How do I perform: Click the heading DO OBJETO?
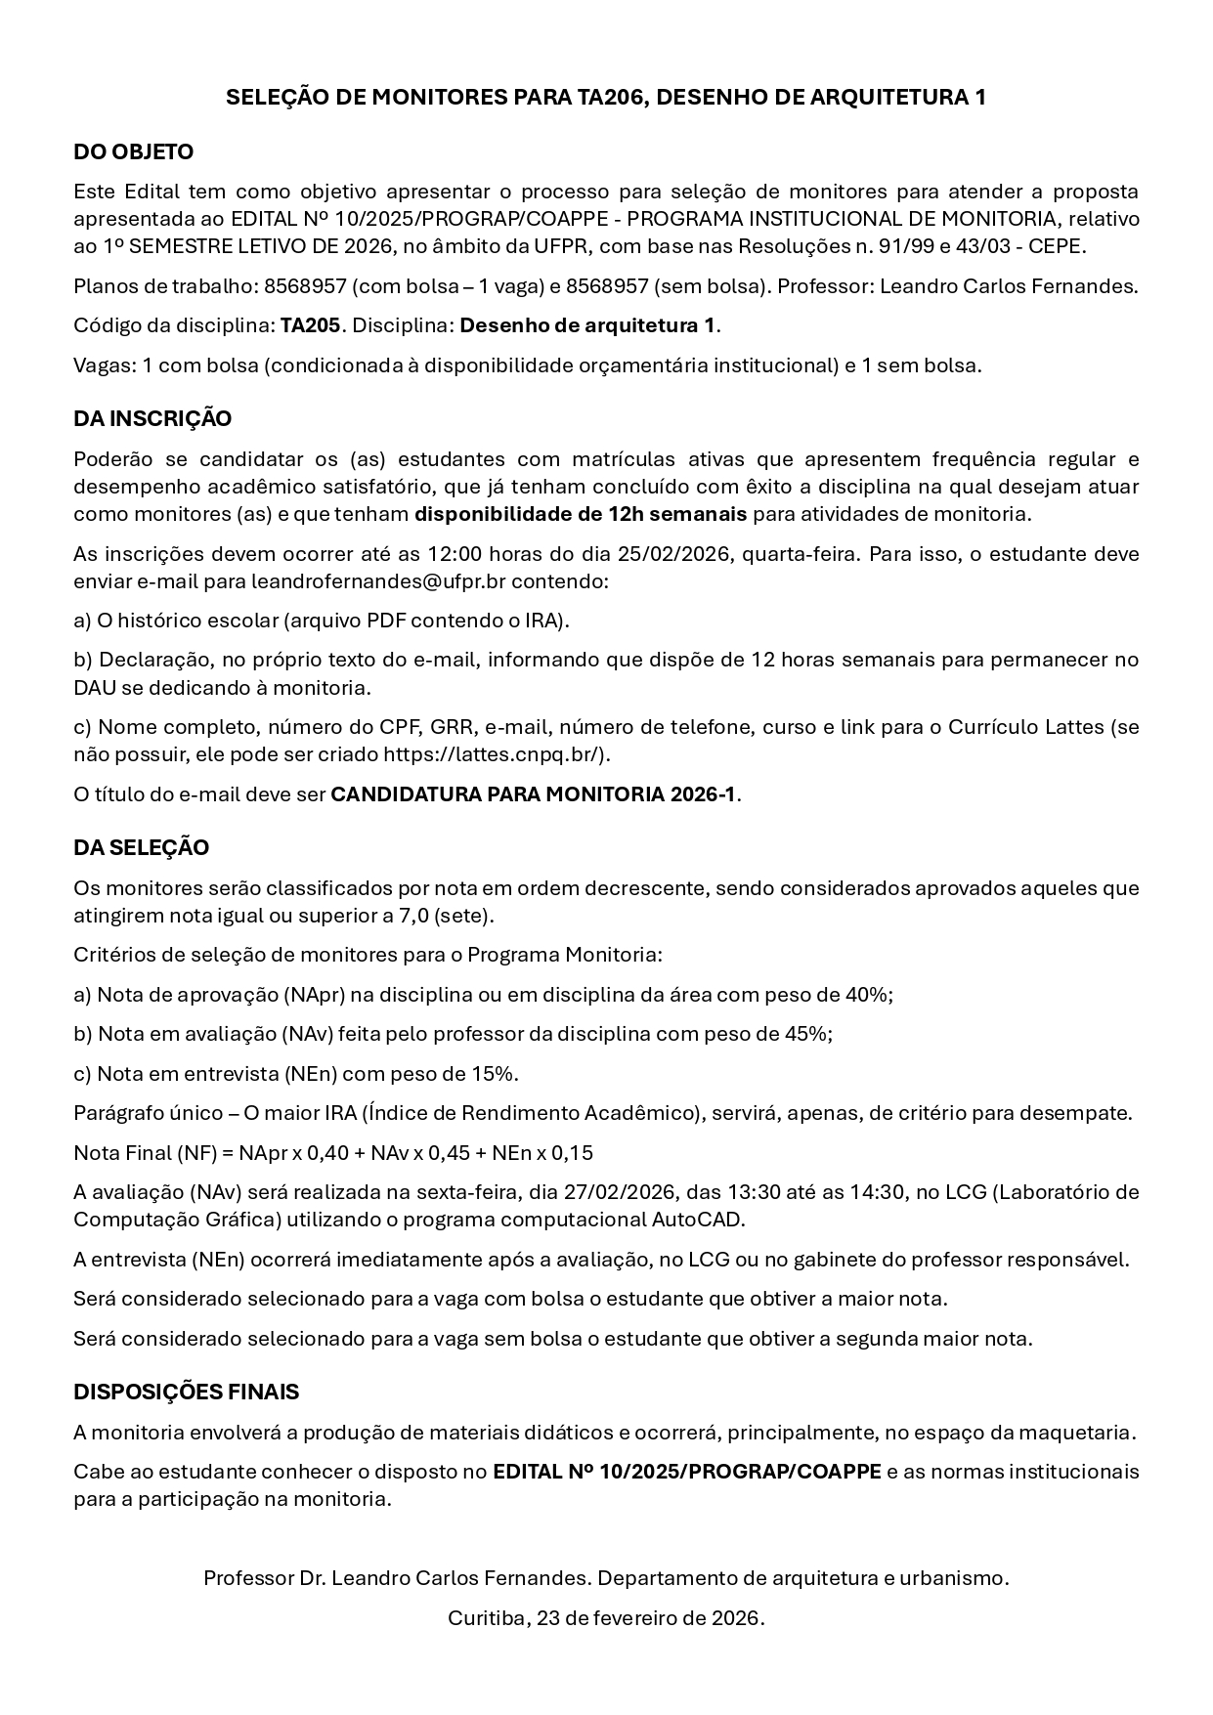[133, 152]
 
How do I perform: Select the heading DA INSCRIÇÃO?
[152, 419]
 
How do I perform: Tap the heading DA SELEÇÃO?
[141, 848]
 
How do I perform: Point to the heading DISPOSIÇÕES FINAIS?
[186, 1392]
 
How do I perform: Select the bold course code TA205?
[310, 325]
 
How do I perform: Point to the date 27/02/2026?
[624, 1192]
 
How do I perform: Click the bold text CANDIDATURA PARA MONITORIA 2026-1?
[534, 793]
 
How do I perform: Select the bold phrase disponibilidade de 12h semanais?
[581, 514]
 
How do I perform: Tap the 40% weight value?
[868, 995]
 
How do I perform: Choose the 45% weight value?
[807, 1034]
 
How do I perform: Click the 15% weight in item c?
[494, 1074]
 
